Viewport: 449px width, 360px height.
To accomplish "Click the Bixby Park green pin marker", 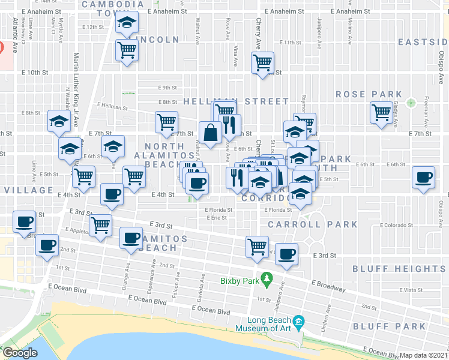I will (268, 279).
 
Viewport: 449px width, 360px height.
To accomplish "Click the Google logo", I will (20, 353).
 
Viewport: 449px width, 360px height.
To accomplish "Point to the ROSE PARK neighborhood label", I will (369, 94).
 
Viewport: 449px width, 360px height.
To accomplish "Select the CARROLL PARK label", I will (312, 224).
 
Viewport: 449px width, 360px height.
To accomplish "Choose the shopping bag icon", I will (211, 133).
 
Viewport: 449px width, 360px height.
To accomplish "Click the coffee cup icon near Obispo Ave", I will (424, 178).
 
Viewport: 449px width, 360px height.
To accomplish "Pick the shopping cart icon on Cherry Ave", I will (262, 62).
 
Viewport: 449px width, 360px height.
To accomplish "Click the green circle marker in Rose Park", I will (411, 102).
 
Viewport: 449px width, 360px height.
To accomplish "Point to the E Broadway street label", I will (329, 286).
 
